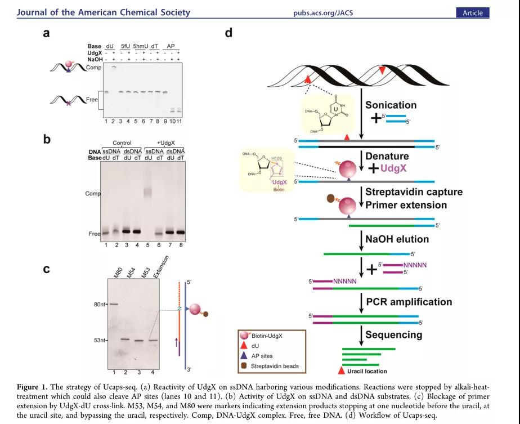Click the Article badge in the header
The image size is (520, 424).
click(x=473, y=12)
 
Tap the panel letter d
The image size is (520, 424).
click(x=228, y=33)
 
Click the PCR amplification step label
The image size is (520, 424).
click(x=409, y=302)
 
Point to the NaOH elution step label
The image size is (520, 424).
click(x=397, y=239)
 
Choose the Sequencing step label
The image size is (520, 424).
click(x=393, y=334)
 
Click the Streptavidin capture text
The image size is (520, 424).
click(x=414, y=192)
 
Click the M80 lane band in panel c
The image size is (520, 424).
click(x=113, y=304)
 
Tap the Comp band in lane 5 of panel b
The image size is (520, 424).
click(x=149, y=192)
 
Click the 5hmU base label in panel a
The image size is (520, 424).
click(x=142, y=46)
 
